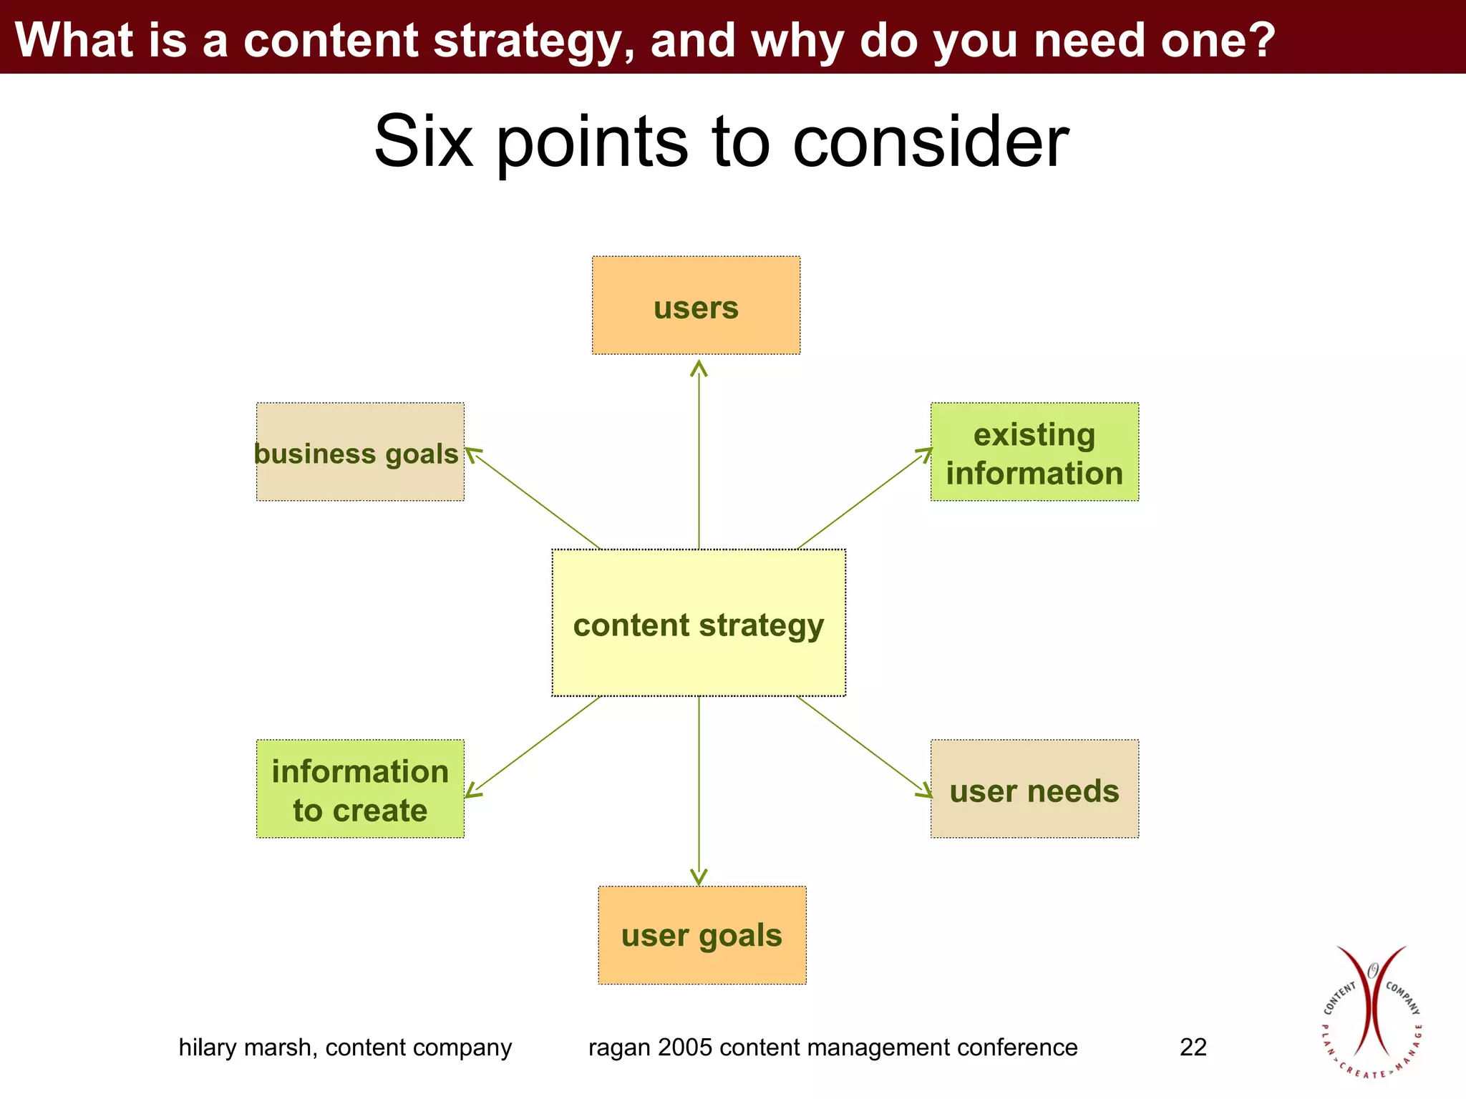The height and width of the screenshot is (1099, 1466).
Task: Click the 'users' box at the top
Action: click(696, 306)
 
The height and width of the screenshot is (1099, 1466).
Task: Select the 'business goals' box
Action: click(360, 452)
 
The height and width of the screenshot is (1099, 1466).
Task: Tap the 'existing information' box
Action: click(1034, 452)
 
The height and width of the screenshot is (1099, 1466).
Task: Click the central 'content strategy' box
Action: click(699, 623)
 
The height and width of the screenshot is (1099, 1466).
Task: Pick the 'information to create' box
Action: click(360, 789)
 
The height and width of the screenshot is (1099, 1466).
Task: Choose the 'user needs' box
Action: click(1034, 789)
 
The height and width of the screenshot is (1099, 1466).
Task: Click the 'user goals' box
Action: click(702, 935)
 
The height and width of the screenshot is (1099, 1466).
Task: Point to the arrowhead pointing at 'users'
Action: click(699, 368)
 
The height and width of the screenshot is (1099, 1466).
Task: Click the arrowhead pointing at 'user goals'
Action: click(699, 877)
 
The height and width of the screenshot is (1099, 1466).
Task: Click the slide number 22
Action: click(1193, 1047)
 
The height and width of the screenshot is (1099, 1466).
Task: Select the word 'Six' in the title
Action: click(423, 142)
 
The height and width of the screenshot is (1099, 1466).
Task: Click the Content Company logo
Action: click(1371, 1012)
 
